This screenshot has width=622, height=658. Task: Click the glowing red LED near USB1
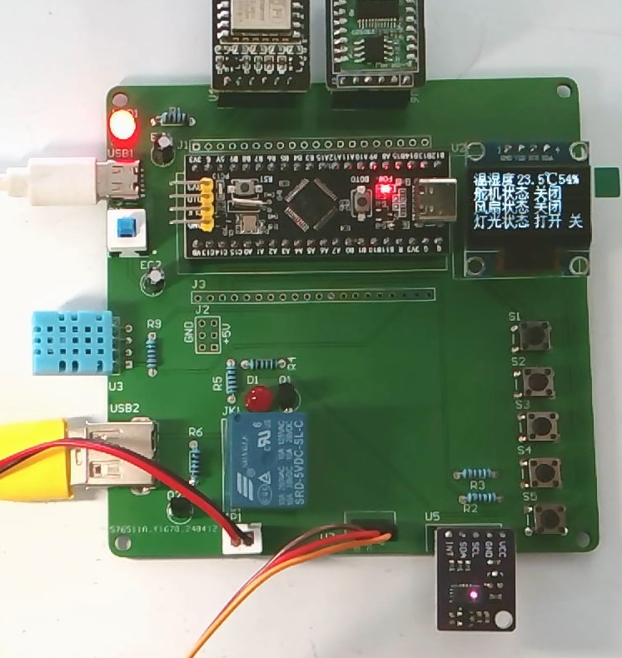pos(122,126)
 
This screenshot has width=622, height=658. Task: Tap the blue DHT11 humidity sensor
pos(72,342)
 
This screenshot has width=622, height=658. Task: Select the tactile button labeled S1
pos(534,336)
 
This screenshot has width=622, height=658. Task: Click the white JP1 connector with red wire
pos(243,537)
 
